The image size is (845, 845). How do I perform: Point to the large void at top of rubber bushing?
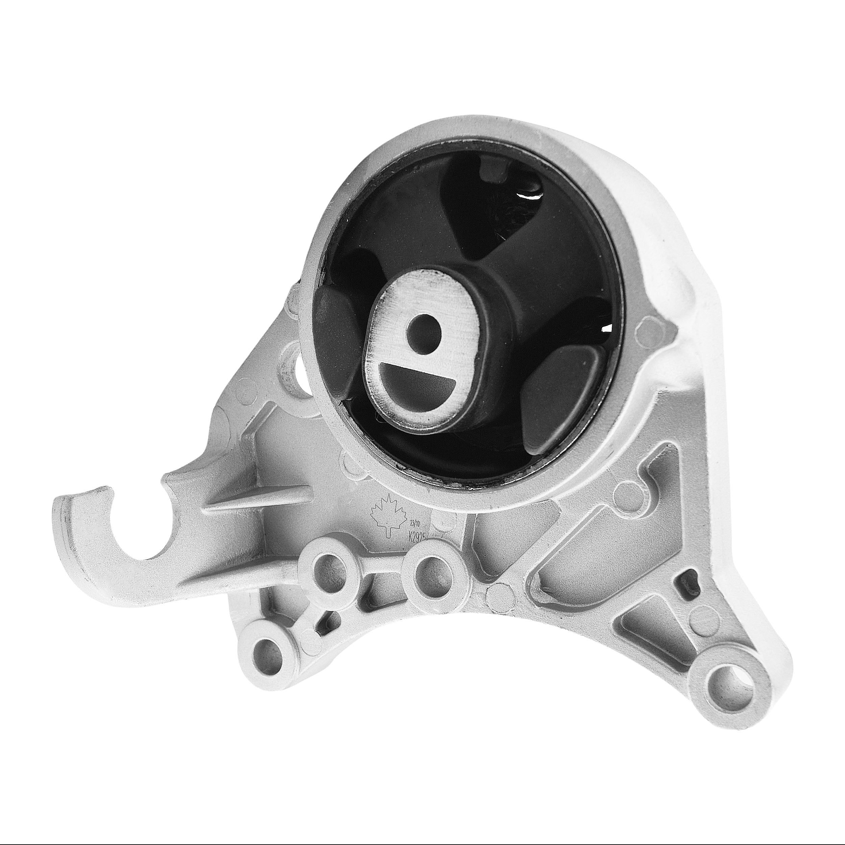pos(499,206)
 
